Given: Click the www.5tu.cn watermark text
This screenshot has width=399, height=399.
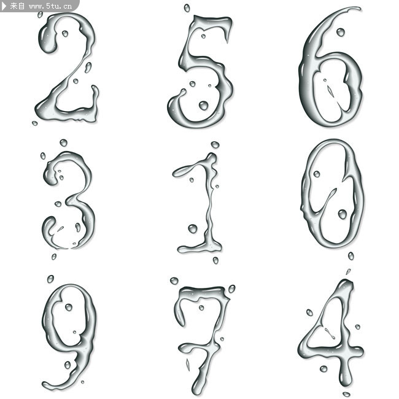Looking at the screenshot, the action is [50, 6].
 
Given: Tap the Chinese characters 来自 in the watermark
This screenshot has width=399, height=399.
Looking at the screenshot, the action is [17, 6].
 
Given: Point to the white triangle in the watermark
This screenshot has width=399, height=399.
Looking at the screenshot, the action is [4, 6].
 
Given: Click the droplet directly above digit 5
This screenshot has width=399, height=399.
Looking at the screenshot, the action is [187, 8].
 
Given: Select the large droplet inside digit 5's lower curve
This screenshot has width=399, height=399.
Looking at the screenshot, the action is [203, 106].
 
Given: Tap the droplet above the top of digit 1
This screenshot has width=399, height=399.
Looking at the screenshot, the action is [215, 145].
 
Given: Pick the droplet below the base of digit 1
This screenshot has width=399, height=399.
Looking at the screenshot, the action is [215, 260].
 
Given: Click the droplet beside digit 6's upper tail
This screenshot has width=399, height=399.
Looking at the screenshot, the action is [341, 33].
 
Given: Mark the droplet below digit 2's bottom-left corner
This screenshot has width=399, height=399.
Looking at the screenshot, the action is [34, 123].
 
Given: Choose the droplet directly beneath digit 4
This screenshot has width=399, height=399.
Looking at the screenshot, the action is [346, 394].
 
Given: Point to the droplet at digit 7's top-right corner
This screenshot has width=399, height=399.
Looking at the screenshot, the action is [231, 289].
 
